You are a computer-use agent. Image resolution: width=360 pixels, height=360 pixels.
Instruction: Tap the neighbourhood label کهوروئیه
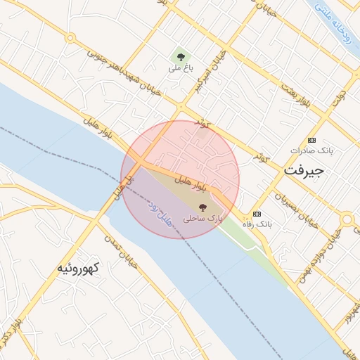pos(79,269)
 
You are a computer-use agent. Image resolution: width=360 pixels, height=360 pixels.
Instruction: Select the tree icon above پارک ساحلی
pos(203,207)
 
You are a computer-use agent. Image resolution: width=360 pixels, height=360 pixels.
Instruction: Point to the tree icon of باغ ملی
pos(181,57)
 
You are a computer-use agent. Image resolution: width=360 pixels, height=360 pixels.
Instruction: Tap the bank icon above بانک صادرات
pos(312,140)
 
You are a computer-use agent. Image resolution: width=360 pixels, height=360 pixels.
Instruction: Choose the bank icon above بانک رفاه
pos(257,213)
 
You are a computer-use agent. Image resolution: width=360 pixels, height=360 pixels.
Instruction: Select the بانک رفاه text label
pos(257,224)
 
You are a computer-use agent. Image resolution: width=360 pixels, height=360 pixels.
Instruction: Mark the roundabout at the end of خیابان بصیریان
pos(346,221)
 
